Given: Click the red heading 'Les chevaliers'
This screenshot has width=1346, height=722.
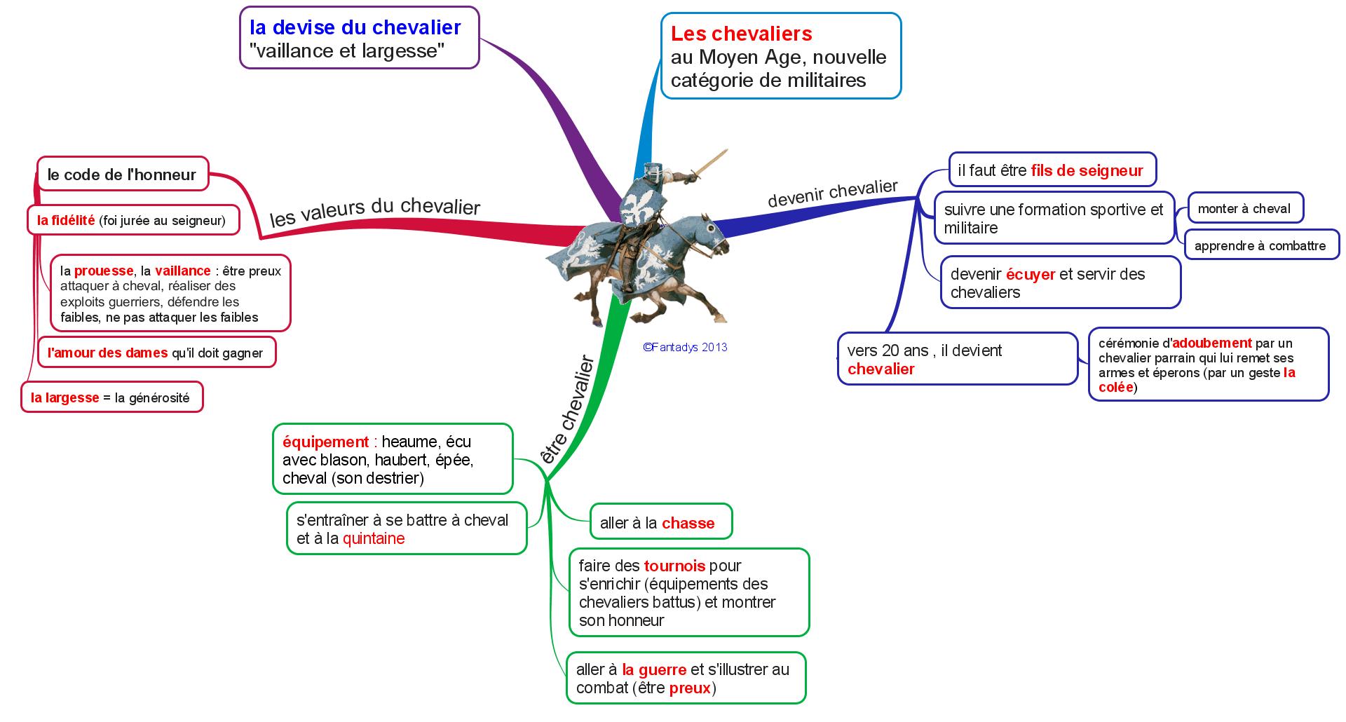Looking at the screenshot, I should [741, 34].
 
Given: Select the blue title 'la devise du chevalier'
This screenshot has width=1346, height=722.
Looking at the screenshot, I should [355, 27].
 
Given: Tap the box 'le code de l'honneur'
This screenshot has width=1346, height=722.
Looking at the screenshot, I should [122, 175].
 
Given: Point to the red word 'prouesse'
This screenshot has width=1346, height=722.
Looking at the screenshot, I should [104, 271].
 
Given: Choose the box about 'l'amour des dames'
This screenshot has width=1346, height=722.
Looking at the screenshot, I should [156, 353].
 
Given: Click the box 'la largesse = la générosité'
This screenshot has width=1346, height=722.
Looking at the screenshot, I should [111, 397].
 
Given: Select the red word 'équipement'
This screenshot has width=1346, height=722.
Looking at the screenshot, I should [325, 442].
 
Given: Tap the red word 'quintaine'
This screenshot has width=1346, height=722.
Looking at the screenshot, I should [374, 538].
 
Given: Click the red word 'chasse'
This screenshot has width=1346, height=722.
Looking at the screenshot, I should [688, 523].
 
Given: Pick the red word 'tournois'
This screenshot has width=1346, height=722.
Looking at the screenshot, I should [674, 566].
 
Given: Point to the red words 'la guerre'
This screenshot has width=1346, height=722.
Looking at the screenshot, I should [654, 669].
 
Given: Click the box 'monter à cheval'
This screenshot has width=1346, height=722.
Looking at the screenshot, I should [1244, 208].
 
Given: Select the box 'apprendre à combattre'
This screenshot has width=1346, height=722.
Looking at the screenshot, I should [1260, 246].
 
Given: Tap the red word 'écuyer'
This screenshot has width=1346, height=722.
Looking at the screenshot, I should [1031, 274].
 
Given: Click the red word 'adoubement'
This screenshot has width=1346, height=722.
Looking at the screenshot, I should [1212, 343].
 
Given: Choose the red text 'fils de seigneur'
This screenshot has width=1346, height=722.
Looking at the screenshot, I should [1087, 170].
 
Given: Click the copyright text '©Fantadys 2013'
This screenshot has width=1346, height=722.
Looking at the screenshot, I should [685, 347].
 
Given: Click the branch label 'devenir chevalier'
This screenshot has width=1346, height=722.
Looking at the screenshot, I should [832, 193].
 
